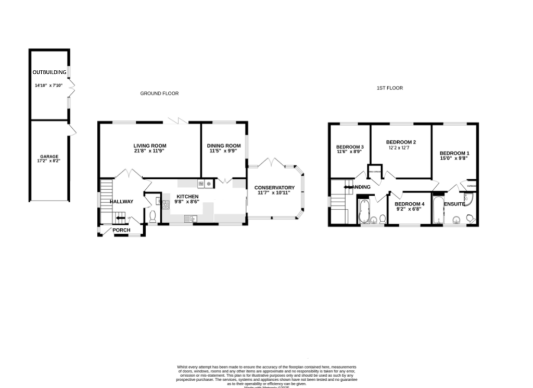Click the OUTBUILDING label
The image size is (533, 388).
[49, 72]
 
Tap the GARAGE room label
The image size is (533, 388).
[49, 156]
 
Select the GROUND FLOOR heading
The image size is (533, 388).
[159, 93]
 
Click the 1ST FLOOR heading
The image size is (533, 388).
[389, 88]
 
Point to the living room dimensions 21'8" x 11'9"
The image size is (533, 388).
[149, 151]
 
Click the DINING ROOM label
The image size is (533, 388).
[224, 145]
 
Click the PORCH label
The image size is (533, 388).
[121, 230]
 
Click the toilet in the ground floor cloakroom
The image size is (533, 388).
[153, 217]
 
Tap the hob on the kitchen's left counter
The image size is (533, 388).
[166, 204]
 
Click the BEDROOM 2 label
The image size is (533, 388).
[401, 142]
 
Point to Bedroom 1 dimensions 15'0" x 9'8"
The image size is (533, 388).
[454, 159]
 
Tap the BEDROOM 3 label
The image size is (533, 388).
[350, 147]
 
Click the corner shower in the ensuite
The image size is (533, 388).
[468, 199]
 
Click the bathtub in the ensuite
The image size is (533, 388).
[437, 211]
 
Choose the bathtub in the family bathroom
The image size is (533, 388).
[363, 211]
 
